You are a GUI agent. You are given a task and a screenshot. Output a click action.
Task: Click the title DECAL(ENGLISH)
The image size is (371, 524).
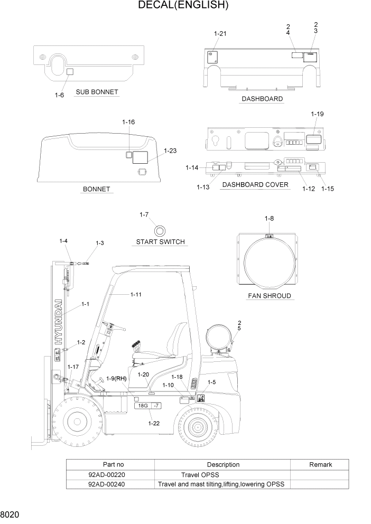pos(183,6)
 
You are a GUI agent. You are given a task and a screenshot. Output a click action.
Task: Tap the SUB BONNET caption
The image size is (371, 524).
pos(97,92)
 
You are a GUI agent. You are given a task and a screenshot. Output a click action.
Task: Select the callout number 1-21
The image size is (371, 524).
pos(220,34)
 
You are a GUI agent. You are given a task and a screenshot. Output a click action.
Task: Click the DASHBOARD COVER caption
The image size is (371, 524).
pos(255,185)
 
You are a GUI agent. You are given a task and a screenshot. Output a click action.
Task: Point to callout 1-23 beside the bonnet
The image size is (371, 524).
pos(170,151)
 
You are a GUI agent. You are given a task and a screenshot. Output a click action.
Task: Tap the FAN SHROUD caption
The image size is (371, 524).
pos(270,296)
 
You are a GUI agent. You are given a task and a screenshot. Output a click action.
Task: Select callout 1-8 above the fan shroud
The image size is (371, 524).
pos(269,218)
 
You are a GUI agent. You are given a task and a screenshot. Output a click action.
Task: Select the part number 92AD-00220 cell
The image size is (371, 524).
pos(107,474)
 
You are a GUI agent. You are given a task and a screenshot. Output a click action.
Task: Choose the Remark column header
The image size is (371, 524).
pos(320,464)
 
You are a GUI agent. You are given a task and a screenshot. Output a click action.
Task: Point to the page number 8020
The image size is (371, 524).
pos(11,514)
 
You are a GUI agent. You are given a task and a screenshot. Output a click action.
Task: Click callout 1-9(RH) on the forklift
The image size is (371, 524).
pos(116,378)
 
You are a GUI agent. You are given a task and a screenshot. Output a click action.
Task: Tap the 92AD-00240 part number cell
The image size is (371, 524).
pos(107,484)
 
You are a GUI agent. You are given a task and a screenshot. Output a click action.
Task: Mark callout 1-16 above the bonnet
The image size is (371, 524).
pos(128,122)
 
